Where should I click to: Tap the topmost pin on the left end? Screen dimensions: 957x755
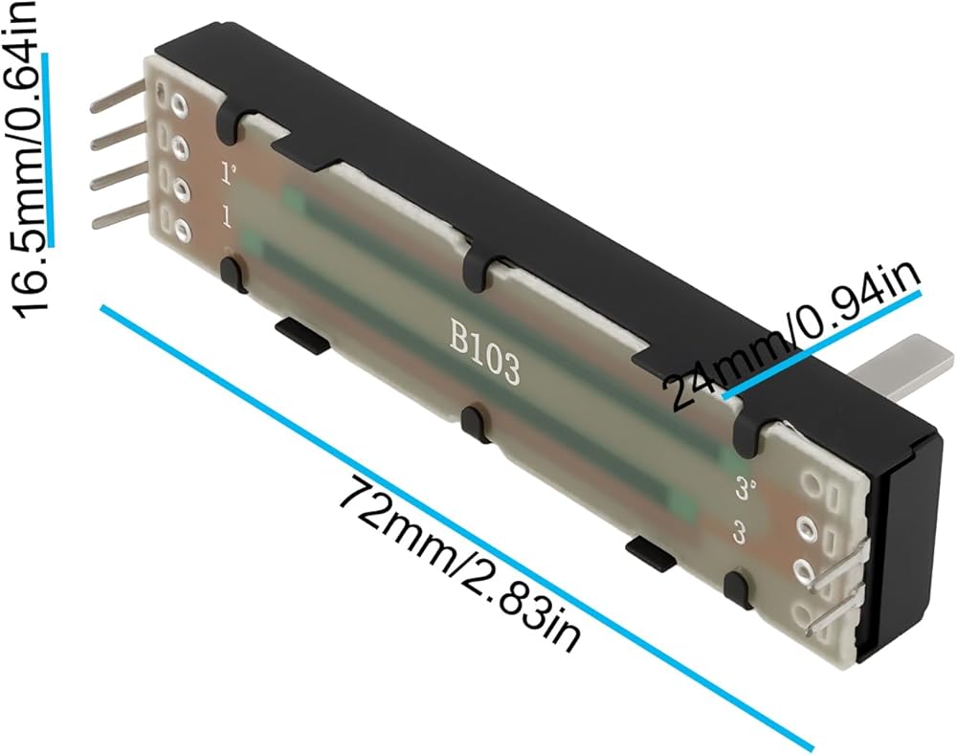click(x=119, y=99)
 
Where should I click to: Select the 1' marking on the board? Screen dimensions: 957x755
click(x=229, y=173)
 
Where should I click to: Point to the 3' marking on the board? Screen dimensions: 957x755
click(x=746, y=488)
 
